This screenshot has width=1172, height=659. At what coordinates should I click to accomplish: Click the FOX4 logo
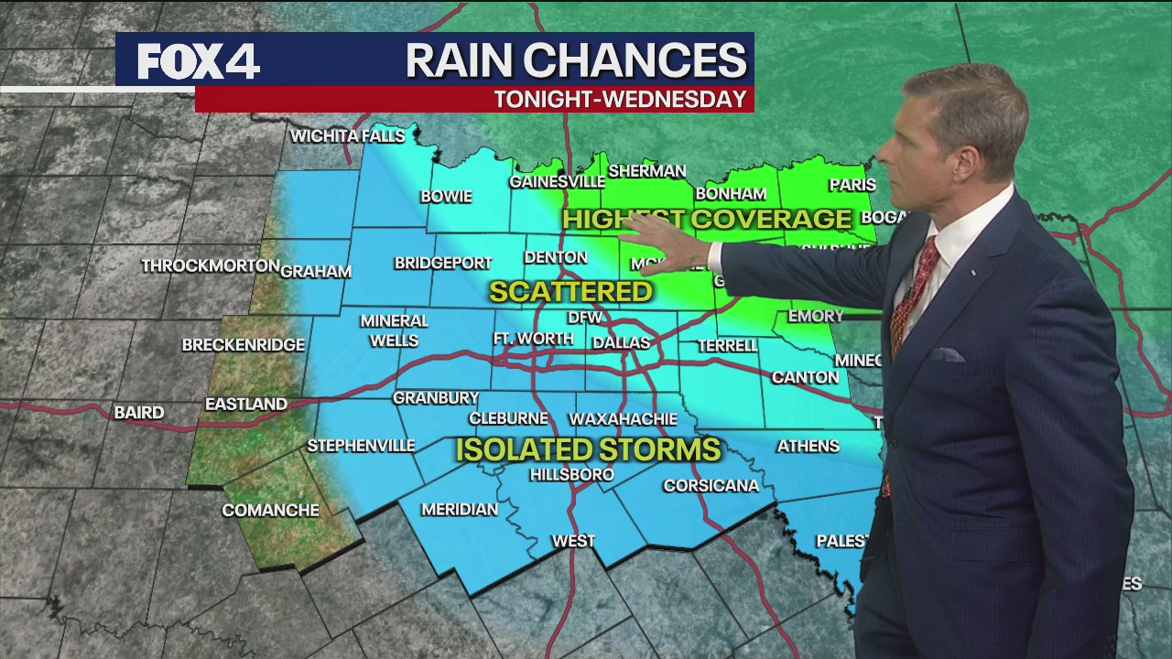(x=199, y=60)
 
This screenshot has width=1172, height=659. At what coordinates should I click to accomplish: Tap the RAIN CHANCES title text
(x=576, y=60)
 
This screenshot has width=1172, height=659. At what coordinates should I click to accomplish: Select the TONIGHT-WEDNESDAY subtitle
(x=621, y=100)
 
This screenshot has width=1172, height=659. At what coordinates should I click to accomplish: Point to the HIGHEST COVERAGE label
(x=707, y=219)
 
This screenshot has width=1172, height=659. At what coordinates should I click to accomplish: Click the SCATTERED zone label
(x=570, y=292)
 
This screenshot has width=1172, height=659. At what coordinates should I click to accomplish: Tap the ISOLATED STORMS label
(x=588, y=449)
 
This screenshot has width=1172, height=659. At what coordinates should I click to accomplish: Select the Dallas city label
(x=621, y=343)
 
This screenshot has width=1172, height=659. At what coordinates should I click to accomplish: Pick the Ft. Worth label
(x=534, y=339)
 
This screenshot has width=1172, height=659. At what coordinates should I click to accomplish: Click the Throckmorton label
(x=211, y=265)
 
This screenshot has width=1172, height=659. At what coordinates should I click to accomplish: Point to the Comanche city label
(x=271, y=511)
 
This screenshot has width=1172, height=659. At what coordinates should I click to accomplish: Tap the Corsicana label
(x=711, y=485)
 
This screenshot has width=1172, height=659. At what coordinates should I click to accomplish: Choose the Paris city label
(x=852, y=185)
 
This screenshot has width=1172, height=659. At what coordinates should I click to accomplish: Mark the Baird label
(x=139, y=413)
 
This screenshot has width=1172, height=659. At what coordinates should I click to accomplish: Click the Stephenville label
(x=361, y=446)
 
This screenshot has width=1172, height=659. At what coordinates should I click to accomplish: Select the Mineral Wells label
(x=394, y=330)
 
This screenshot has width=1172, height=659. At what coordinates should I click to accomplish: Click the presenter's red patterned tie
(x=912, y=293)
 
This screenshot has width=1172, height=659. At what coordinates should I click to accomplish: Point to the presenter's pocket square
(x=947, y=354)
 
